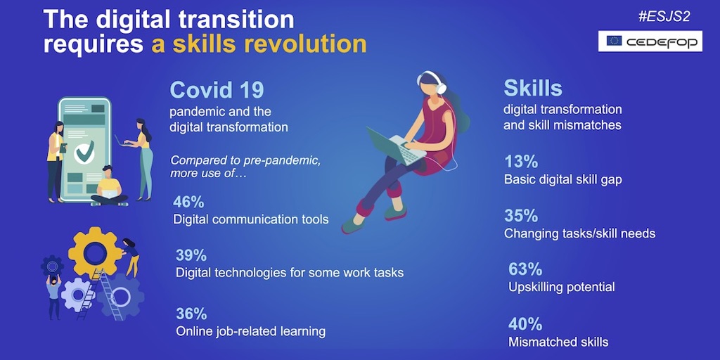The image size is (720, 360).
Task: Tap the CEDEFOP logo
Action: tap(650, 41)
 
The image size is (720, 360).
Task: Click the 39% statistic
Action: tap(191, 255)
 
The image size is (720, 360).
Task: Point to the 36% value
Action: tap(191, 314)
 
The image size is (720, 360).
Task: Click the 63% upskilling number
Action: tap(525, 269)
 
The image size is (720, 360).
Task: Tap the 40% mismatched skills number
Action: tap(525, 324)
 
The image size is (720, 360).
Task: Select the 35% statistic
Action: tap(521, 216)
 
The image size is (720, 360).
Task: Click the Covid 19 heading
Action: tap(217, 90)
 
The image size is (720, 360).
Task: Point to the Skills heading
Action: tap(533, 88)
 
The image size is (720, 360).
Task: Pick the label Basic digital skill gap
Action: tap(562, 179)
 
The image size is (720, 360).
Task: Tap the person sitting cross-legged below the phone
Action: tap(108, 187)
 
